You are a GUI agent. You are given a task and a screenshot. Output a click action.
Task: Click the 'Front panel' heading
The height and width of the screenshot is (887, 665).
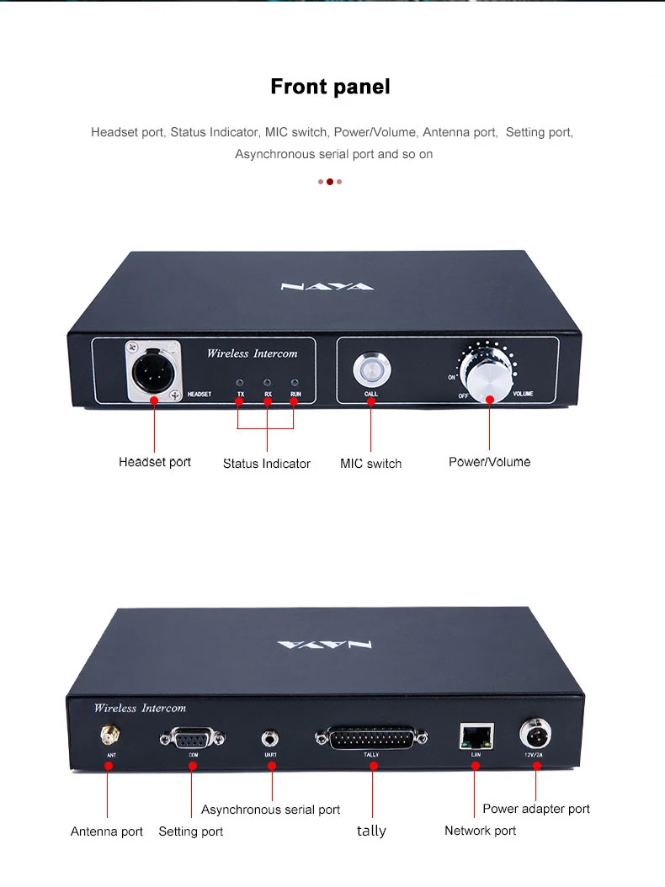(x=330, y=87)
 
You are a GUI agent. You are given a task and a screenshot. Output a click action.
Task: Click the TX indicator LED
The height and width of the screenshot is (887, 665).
(x=241, y=380)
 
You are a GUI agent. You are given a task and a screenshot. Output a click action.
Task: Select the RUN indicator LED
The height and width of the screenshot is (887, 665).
(x=295, y=380)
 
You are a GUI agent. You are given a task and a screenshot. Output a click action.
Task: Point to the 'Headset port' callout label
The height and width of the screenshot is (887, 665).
(x=155, y=462)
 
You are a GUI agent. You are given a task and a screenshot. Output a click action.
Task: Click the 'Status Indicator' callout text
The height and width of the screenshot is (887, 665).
(x=266, y=464)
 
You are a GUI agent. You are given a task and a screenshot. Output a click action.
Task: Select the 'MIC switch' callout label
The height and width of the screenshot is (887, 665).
(x=370, y=464)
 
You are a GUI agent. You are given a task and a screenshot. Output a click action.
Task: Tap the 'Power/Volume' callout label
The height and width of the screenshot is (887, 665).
(x=489, y=462)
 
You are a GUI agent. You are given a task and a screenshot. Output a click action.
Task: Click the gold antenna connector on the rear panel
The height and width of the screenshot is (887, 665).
(x=109, y=737)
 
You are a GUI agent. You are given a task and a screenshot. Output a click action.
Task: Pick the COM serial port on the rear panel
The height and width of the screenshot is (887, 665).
(x=192, y=739)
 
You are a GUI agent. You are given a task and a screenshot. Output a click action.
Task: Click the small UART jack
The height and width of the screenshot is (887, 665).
(x=271, y=739)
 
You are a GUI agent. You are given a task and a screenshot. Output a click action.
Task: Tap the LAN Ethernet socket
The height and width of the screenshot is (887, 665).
(x=476, y=736)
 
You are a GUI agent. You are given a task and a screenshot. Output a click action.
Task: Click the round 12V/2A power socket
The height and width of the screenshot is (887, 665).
(x=536, y=734)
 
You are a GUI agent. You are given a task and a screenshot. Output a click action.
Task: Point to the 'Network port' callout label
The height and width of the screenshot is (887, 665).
(x=480, y=831)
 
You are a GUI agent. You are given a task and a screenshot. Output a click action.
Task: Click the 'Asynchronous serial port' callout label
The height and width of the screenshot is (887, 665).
(x=270, y=810)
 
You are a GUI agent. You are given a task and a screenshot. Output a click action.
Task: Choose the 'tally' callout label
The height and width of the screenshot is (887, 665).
(x=370, y=831)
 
